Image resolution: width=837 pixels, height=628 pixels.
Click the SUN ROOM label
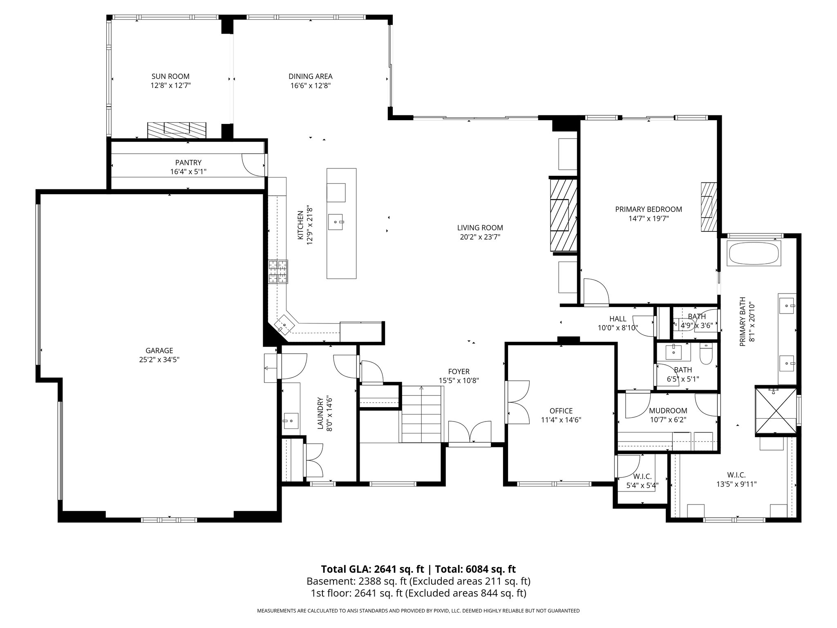tap(170, 76)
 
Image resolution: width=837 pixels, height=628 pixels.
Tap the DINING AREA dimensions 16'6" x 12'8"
tap(310, 86)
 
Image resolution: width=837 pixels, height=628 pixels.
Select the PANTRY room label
tap(188, 163)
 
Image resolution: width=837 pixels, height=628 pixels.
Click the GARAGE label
tap(159, 351)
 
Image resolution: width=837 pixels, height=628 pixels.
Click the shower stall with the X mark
tap(776, 409)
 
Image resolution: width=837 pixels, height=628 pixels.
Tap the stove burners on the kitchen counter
tap(278, 271)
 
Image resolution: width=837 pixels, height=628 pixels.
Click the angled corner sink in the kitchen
tap(285, 324)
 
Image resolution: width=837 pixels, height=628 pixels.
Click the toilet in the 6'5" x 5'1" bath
tap(706, 354)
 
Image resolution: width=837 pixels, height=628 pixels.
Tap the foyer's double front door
tap(470, 432)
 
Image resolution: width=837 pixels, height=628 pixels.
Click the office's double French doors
tap(517, 402)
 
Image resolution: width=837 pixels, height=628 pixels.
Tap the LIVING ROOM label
tap(480, 228)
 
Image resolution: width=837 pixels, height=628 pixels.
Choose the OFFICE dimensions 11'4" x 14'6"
tap(561, 420)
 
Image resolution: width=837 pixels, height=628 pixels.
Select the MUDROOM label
tap(668, 410)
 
